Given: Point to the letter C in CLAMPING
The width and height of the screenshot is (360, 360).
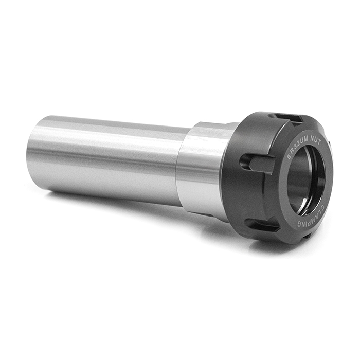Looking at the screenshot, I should coord(326,204).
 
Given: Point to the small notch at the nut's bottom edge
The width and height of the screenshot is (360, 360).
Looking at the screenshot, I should coord(308,238).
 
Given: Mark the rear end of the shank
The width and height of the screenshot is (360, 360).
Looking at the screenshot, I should coord(32,154).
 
